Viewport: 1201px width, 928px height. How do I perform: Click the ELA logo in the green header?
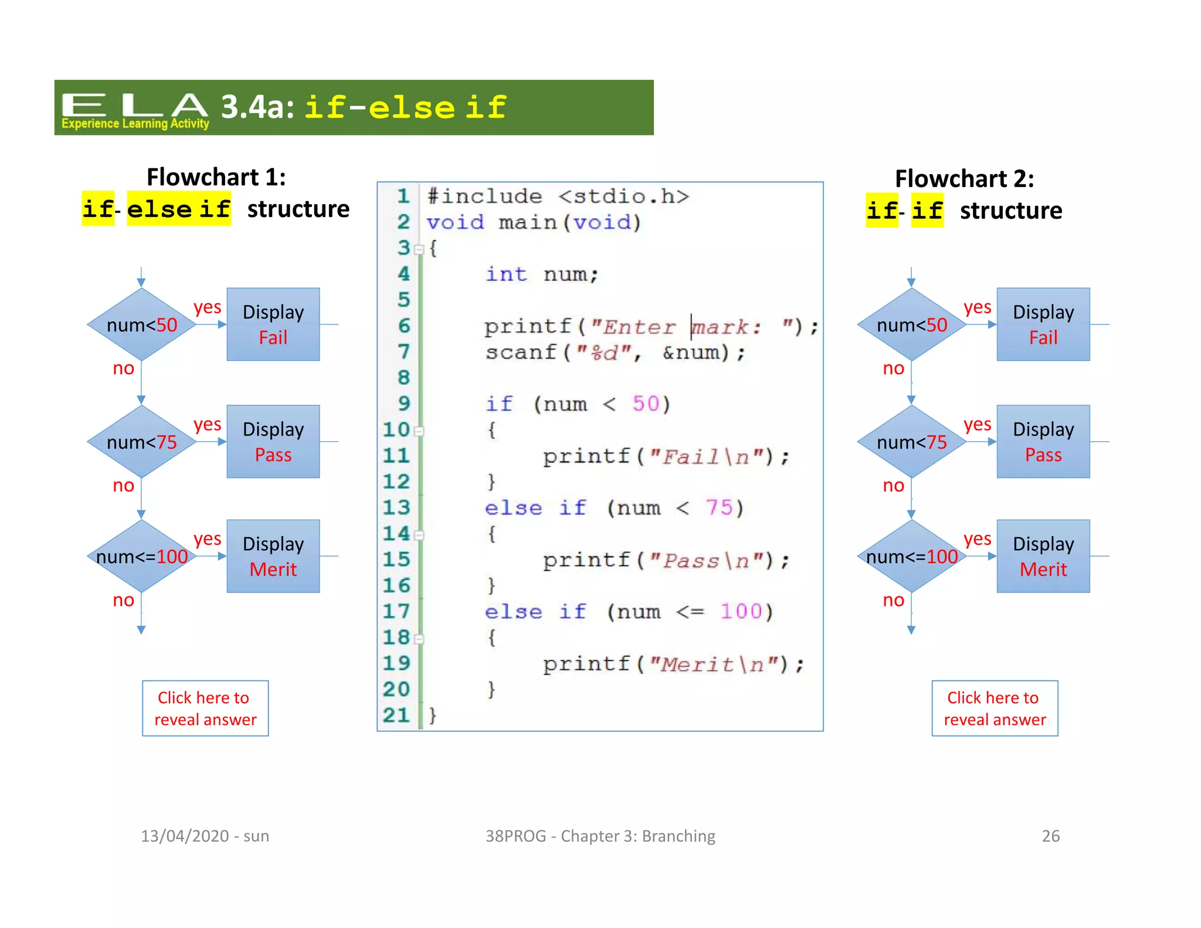coord(135,109)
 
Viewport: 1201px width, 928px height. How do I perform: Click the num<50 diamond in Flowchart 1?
coord(141,324)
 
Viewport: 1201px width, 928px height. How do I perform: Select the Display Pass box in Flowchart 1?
coord(273,442)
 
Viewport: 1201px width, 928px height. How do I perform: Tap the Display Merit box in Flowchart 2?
coord(1043,556)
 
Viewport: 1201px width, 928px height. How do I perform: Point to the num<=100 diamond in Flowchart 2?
coord(911,556)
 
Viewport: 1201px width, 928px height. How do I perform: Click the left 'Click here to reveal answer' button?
coord(205,708)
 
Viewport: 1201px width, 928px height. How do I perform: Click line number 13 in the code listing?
coord(396,507)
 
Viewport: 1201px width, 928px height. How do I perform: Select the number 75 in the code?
coord(719,507)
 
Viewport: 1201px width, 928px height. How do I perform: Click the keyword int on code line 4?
coord(506,274)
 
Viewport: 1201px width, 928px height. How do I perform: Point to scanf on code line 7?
coord(520,352)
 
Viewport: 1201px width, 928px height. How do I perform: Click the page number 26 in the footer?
coord(1050,836)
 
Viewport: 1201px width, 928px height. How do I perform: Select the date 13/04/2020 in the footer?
coord(185,836)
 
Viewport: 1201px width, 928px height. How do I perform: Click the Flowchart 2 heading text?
coord(964,179)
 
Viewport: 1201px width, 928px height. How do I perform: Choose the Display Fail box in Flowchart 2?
coord(1043,324)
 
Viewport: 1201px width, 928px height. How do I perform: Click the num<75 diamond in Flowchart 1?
coord(141,442)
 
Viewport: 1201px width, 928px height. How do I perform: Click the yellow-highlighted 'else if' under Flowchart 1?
coord(179,209)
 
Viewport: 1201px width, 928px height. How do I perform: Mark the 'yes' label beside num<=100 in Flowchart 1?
coord(208,538)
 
